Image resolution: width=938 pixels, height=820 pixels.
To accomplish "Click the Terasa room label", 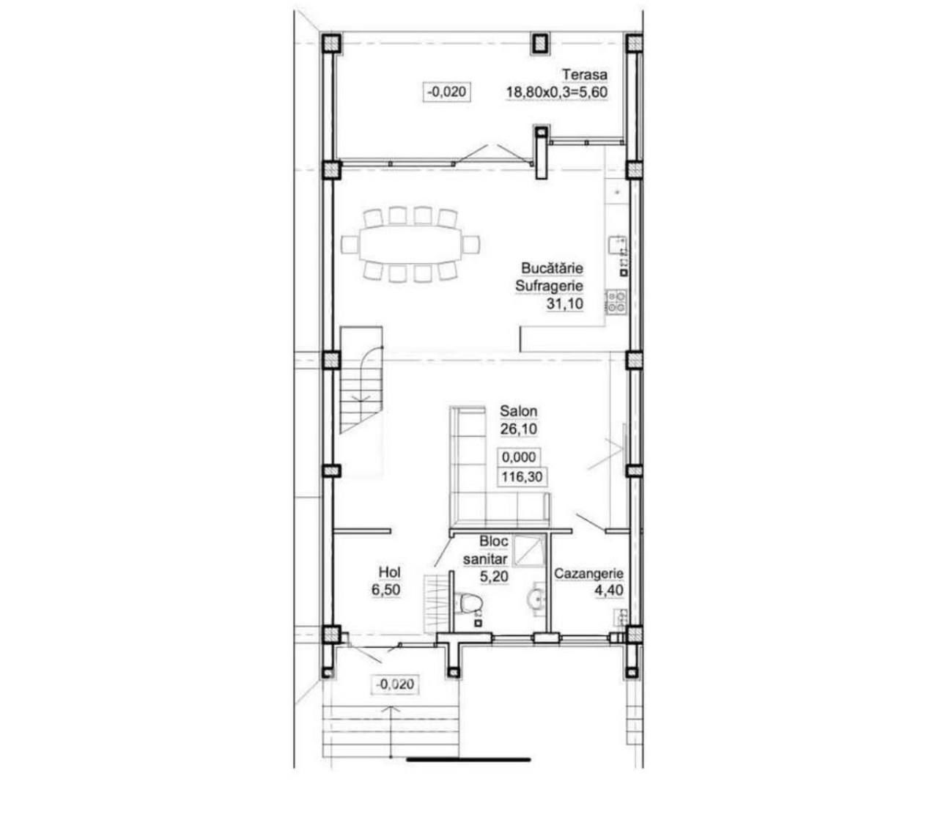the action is [x=585, y=74].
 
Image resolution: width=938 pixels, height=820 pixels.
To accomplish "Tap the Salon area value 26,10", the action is [x=518, y=429].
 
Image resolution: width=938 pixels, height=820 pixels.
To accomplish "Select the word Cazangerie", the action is [x=588, y=573].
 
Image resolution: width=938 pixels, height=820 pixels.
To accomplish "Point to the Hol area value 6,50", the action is [x=385, y=590].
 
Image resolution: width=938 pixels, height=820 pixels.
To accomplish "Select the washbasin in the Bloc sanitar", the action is [x=535, y=599].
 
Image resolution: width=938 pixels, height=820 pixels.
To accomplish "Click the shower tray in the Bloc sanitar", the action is [x=528, y=550].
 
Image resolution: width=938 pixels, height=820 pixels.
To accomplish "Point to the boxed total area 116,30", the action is [x=522, y=477].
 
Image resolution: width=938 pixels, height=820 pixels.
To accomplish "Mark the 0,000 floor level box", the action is [x=519, y=457].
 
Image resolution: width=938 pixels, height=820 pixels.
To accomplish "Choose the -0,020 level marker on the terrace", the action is [x=446, y=92].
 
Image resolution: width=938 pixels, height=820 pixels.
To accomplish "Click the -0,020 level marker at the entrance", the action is [x=395, y=684].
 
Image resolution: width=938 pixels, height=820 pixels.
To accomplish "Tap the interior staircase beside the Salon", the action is [x=361, y=380].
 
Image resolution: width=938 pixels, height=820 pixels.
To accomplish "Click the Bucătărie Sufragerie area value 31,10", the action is [x=564, y=303].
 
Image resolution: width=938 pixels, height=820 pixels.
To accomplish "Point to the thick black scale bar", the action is [x=468, y=760].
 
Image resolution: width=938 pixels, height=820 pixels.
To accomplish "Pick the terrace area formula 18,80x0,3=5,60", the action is [x=556, y=92].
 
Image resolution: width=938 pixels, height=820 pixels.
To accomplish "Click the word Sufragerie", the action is [x=549, y=286].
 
